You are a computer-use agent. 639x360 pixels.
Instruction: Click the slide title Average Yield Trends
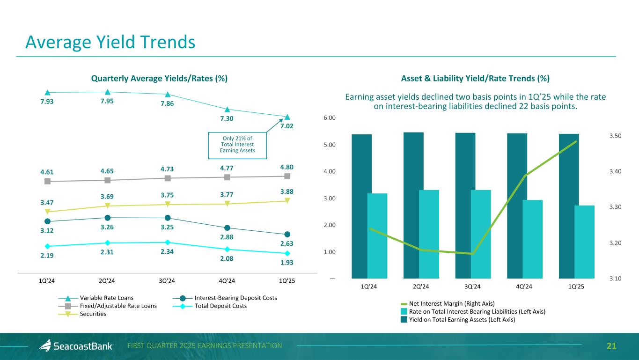[x=110, y=43]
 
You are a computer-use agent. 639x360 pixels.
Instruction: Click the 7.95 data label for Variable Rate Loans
[x=108, y=101]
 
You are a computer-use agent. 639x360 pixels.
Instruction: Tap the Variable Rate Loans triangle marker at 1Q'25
[x=287, y=117]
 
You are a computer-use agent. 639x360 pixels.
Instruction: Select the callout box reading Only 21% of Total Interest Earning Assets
[x=237, y=144]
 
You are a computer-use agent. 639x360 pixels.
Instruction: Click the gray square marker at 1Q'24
[x=47, y=181]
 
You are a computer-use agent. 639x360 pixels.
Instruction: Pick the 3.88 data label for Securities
[x=287, y=191]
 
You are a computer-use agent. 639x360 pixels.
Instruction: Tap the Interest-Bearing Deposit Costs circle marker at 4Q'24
[x=227, y=228]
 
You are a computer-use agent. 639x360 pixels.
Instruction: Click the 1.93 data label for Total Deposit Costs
[x=287, y=263]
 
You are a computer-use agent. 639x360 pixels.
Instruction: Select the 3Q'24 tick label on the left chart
[x=167, y=281]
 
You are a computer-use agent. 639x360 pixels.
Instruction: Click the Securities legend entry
[x=93, y=314]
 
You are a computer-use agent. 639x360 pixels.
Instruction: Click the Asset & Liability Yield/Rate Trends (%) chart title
[x=475, y=78]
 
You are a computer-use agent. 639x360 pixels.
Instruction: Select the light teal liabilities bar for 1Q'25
[x=584, y=242]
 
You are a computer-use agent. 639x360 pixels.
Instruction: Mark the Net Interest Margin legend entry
[x=452, y=303]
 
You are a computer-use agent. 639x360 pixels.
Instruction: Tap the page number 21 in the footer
[x=611, y=346]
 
